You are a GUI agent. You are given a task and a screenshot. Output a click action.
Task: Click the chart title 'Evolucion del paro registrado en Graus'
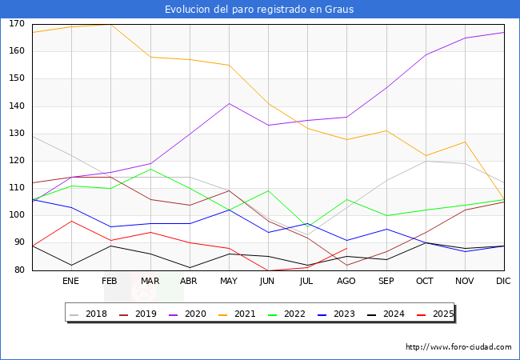tap(259, 10)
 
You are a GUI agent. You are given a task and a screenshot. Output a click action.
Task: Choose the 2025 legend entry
tap(437, 314)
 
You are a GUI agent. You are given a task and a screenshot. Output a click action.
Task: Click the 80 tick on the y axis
tap(18, 270)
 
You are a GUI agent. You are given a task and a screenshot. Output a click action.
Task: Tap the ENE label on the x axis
tap(70, 282)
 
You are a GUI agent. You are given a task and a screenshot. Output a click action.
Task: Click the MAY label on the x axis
tap(229, 282)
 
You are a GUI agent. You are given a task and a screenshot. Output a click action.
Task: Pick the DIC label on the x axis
tap(503, 282)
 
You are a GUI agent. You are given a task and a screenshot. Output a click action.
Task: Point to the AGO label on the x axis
tap(346, 282)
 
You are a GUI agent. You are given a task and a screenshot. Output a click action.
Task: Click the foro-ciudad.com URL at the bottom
tap(458, 347)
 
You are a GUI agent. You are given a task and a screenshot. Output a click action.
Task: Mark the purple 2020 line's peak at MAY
tap(229, 103)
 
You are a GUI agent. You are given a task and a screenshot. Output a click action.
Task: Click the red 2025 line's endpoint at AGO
tap(346, 248)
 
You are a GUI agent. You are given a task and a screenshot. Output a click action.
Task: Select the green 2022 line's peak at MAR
tap(150, 169)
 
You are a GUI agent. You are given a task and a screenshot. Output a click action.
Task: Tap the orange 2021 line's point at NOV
tap(464, 142)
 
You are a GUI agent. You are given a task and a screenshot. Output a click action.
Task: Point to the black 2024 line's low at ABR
tap(189, 267)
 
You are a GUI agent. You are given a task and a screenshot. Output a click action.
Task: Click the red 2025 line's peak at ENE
tap(71, 221)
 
